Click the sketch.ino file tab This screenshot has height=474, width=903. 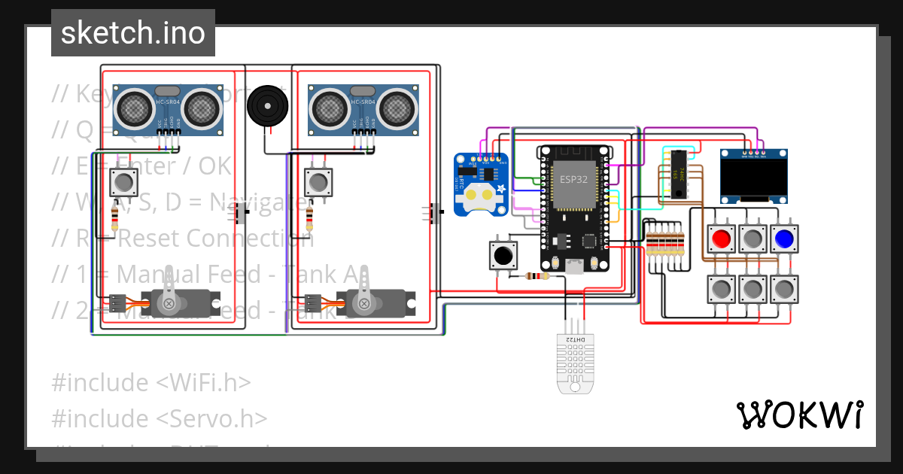[x=132, y=33]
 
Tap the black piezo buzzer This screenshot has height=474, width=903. [x=267, y=105]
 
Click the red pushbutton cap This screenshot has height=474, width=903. [x=721, y=239]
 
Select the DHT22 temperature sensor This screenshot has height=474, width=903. [x=573, y=361]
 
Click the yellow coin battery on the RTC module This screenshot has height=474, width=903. [x=479, y=197]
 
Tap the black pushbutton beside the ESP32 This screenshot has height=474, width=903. [x=503, y=256]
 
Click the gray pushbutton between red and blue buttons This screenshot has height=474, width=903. [x=752, y=239]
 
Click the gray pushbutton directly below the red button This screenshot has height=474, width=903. [x=721, y=289]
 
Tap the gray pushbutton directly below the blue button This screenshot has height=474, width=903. [x=784, y=289]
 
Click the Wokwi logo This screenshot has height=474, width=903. [x=799, y=415]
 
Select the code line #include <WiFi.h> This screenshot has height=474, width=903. [x=150, y=382]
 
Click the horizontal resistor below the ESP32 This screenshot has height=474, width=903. [x=536, y=276]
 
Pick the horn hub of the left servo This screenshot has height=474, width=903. [x=169, y=304]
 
